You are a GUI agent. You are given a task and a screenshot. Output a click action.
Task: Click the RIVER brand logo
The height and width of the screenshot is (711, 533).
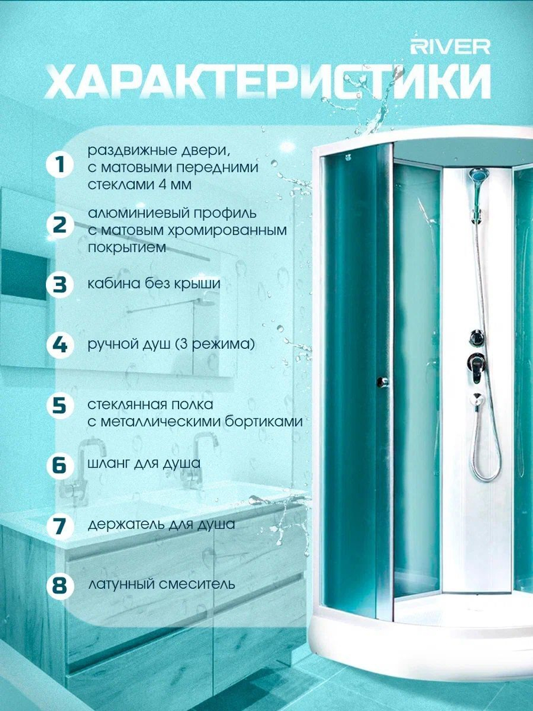(450, 47)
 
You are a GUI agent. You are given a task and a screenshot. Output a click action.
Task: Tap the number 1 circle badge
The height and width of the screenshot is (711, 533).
(60, 165)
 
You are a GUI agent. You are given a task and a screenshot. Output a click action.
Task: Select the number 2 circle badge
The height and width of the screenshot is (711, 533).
(60, 226)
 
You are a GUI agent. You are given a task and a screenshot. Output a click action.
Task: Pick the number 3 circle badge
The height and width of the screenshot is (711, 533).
(60, 285)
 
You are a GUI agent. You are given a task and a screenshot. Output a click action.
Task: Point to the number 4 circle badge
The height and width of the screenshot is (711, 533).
(60, 345)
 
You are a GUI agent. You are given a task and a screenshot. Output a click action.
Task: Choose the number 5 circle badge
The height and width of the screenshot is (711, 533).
(60, 405)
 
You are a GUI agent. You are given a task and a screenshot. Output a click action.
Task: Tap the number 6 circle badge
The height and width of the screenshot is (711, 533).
(60, 465)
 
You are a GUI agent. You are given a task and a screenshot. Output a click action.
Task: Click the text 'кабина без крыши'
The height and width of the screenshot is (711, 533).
(154, 284)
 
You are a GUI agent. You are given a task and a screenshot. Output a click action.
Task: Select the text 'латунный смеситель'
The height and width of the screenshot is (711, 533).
(161, 585)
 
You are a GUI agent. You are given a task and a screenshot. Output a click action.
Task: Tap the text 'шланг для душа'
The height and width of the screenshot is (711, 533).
(144, 464)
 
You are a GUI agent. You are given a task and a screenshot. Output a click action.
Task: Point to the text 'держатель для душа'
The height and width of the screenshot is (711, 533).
(161, 524)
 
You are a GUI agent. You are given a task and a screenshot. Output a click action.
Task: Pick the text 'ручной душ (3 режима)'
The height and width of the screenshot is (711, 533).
(171, 345)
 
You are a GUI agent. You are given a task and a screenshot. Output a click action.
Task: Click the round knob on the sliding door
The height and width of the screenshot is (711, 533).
(383, 381)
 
